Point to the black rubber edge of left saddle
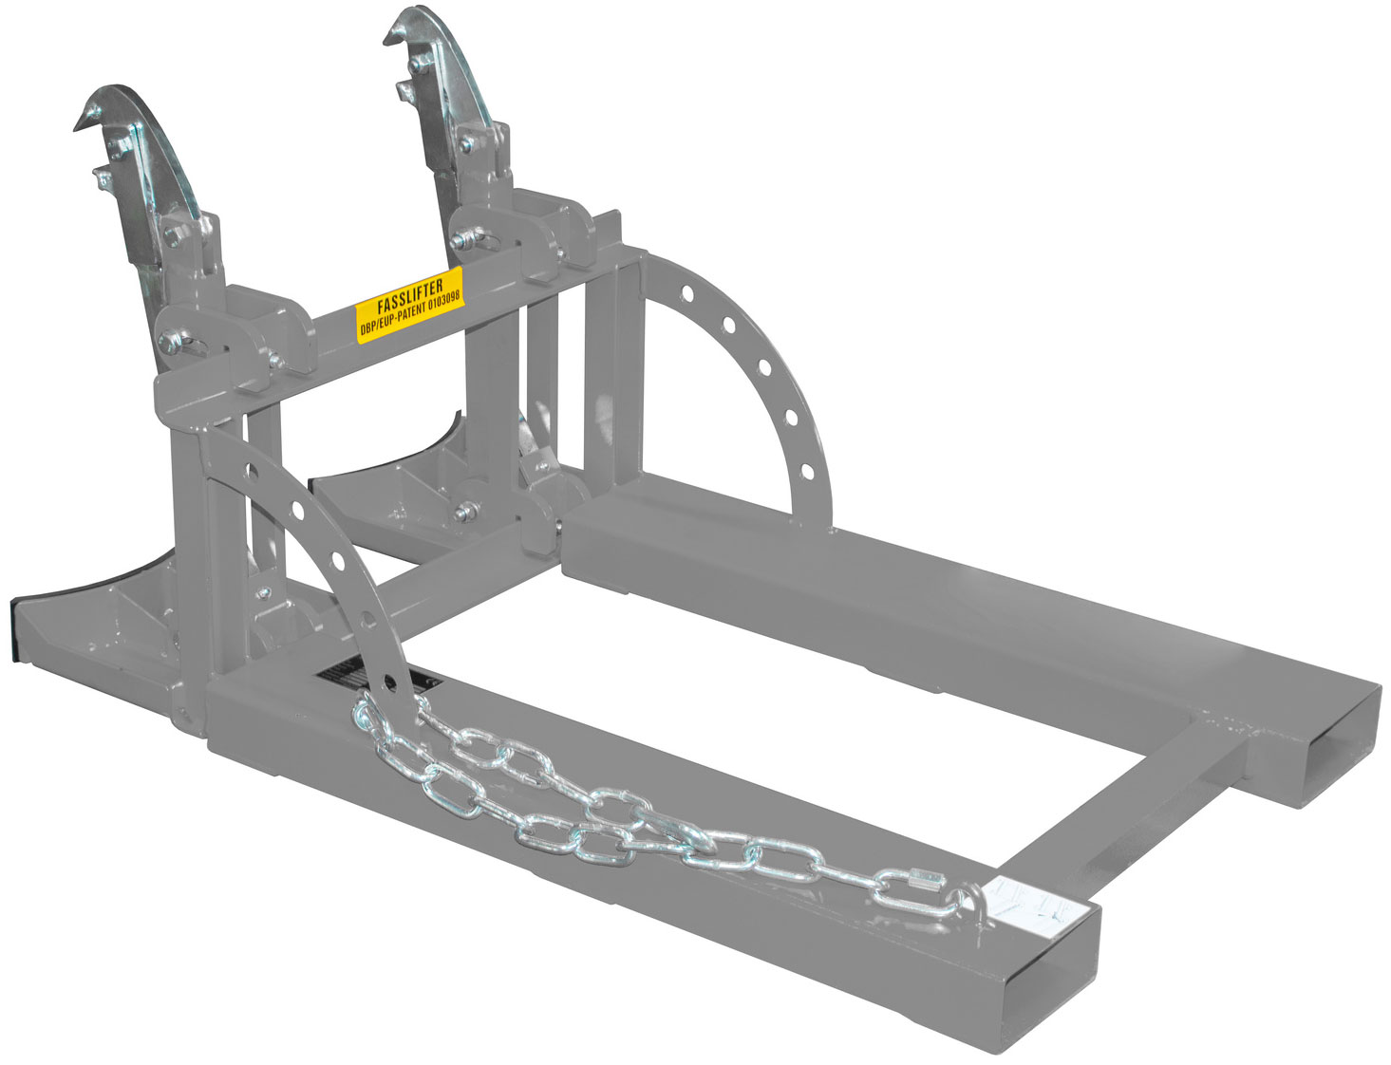click(19, 626)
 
